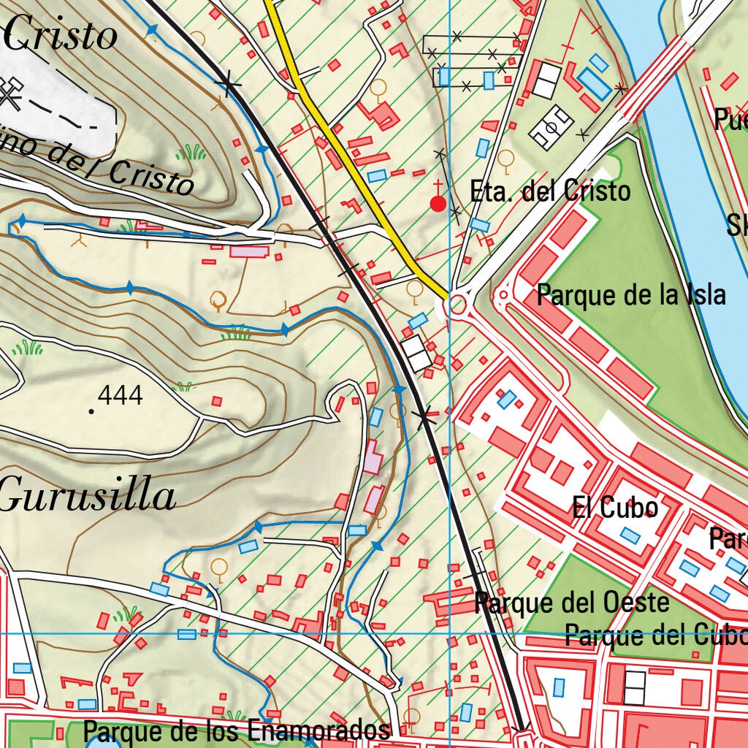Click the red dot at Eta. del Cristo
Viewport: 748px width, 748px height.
[438, 204]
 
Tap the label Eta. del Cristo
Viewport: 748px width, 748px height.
[550, 191]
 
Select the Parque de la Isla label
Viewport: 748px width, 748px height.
[631, 296]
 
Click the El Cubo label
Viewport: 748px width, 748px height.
[615, 507]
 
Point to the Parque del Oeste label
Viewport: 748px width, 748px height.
[572, 603]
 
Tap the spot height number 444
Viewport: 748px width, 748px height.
[120, 396]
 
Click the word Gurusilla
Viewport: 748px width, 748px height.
[88, 497]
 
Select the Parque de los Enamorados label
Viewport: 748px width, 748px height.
[236, 730]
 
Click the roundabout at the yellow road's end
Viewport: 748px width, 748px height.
[458, 304]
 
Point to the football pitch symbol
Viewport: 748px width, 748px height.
[552, 127]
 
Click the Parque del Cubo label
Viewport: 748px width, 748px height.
[656, 635]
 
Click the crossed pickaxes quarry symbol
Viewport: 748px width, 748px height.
[9, 93]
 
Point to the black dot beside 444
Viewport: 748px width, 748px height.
[91, 411]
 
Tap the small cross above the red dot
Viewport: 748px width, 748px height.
[438, 184]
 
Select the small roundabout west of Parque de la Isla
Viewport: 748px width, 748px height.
[503, 297]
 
